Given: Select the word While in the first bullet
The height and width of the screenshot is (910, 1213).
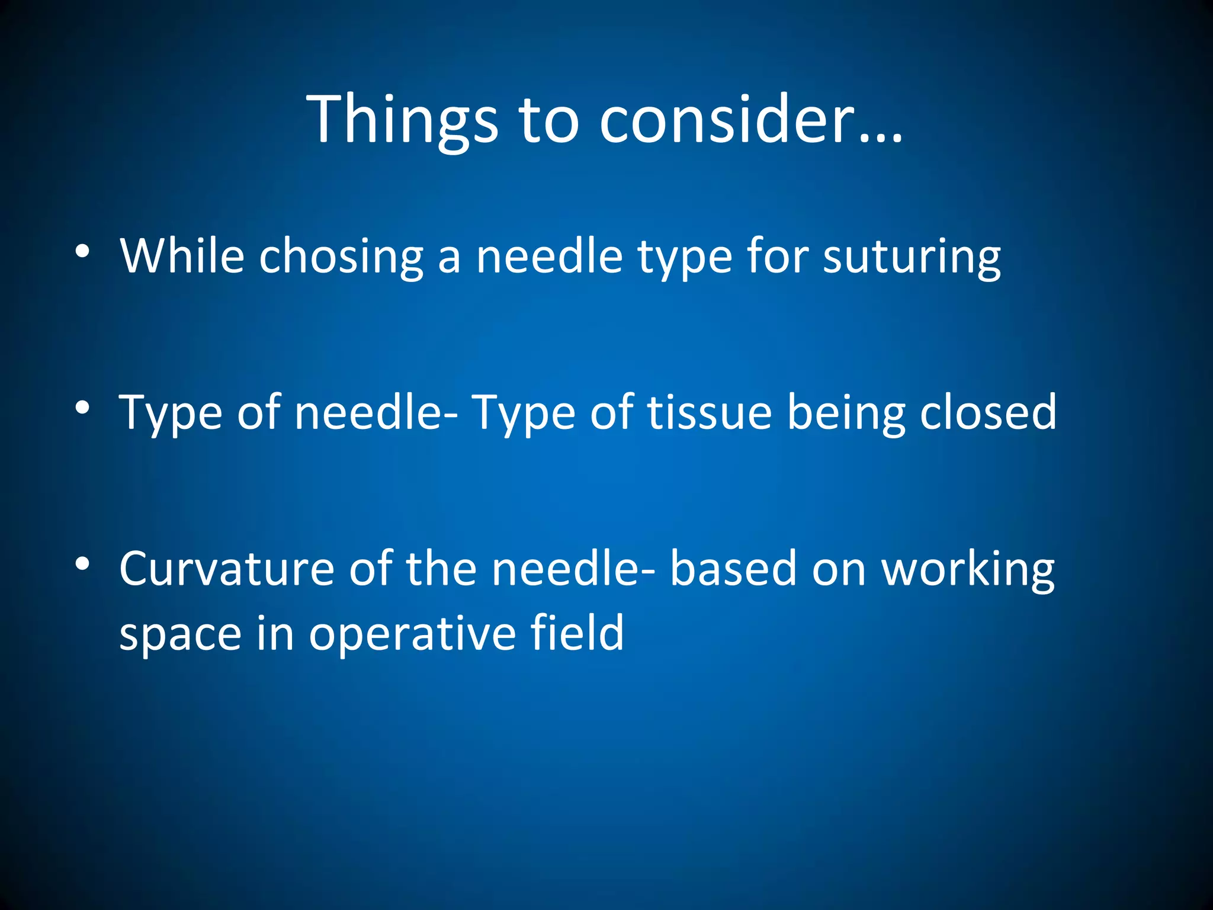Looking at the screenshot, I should pos(182,256).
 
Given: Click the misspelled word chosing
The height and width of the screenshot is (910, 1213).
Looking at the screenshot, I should pos(341,257).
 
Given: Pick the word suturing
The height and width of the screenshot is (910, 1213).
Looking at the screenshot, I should pos(912,257).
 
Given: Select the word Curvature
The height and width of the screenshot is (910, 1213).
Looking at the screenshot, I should pos(227,568).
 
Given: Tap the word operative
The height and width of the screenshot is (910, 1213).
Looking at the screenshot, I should pos(412,635).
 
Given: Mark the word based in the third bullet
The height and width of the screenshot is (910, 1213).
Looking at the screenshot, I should pos(733,568).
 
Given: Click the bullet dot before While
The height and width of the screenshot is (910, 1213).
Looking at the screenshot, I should pos(82,252).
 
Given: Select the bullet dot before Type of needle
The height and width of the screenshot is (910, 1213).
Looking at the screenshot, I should pos(82,408).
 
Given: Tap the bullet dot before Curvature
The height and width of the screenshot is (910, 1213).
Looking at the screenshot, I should pos(82,563).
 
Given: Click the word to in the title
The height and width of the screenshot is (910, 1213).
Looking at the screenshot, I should pos(548,120).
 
